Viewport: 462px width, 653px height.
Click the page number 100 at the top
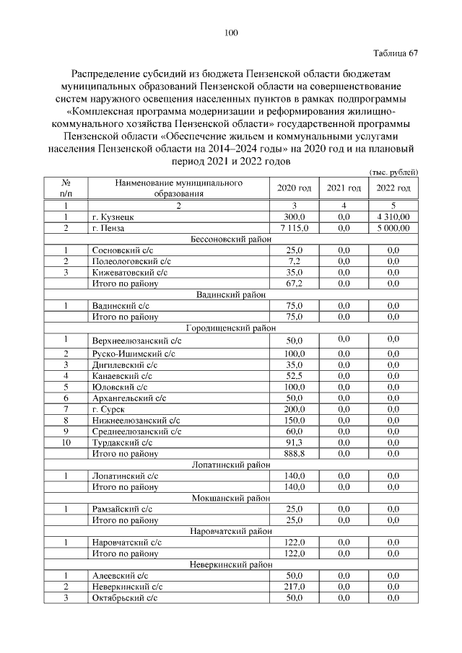(231, 32)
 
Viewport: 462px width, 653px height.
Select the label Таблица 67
(395, 53)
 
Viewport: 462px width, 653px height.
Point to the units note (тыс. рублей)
(393, 172)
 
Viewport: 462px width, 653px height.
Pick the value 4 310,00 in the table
(393, 216)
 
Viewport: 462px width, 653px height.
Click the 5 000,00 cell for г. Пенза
(393, 228)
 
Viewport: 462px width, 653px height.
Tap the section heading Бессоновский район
(231, 239)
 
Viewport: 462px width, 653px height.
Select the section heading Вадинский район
(231, 294)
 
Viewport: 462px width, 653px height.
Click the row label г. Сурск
(109, 408)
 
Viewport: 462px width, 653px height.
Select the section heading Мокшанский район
(231, 498)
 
